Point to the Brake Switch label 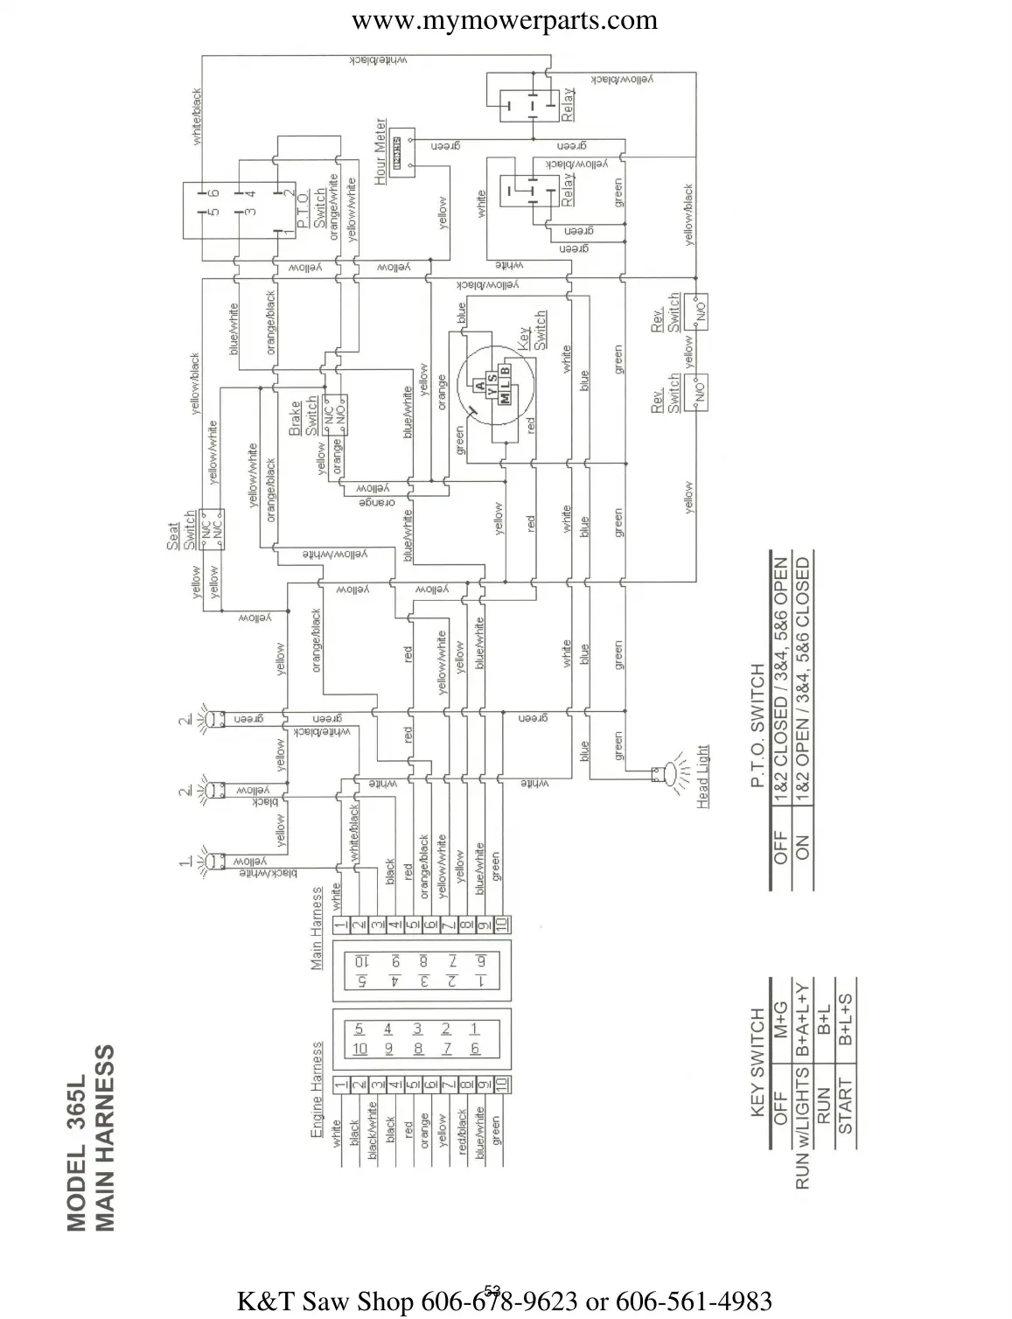303,417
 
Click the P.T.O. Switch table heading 758,725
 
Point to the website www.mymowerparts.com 505,20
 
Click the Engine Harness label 318,1090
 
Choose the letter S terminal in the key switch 492,378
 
